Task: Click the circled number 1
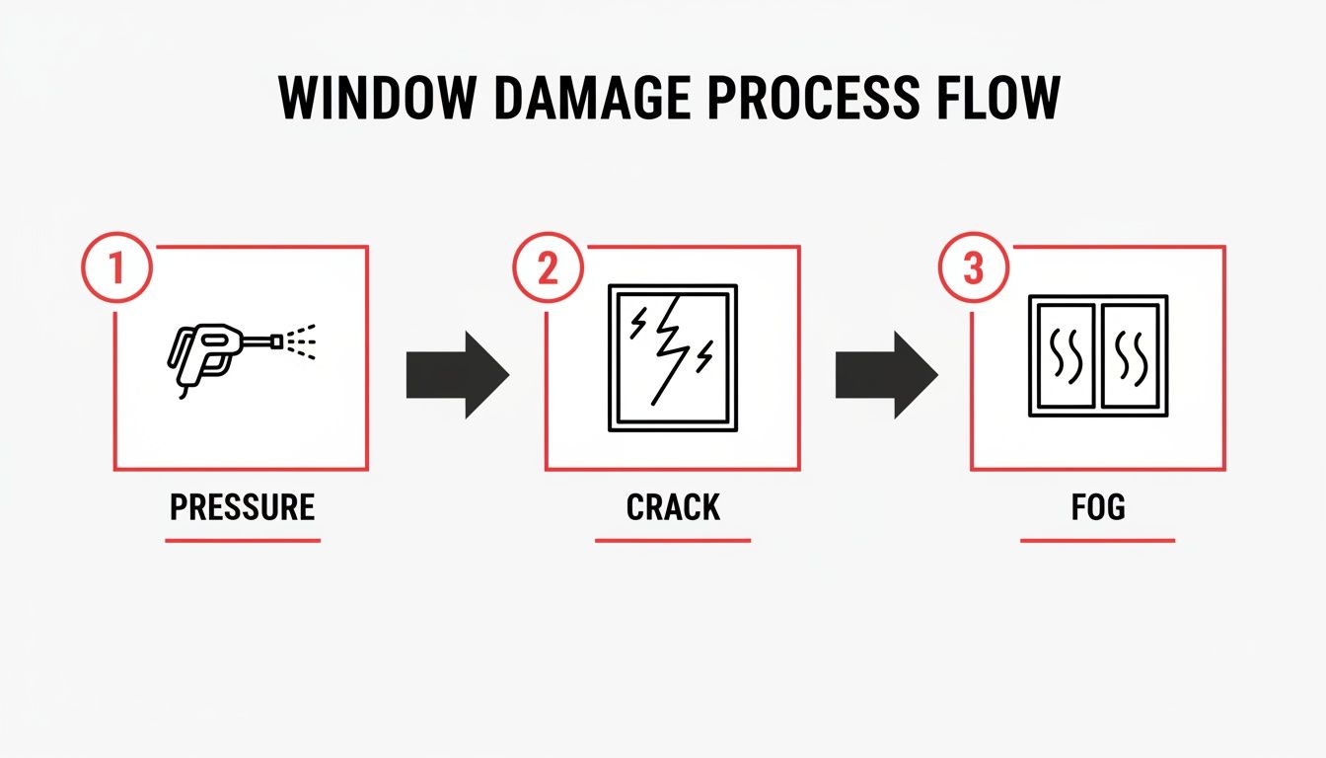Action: (116, 267)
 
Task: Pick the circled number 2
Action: (547, 267)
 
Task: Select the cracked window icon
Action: (673, 357)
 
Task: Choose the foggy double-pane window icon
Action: (1098, 355)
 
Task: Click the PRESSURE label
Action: (242, 507)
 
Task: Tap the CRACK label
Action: (673, 507)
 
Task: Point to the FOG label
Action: (1097, 507)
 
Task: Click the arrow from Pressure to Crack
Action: (457, 374)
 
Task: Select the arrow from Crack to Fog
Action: (885, 374)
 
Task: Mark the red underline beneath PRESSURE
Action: (242, 540)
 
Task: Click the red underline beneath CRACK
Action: (673, 540)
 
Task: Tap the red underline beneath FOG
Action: (1097, 540)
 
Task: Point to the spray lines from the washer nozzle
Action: (302, 341)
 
